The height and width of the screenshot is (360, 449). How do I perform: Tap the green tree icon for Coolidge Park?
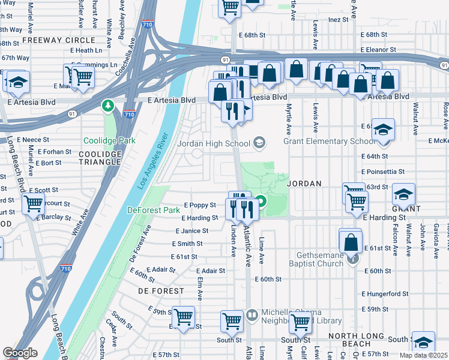(108, 106)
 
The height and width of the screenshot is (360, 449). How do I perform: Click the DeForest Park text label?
(154, 211)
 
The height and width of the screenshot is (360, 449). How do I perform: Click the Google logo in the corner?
(20, 353)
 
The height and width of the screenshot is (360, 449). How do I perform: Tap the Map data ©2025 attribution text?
(424, 355)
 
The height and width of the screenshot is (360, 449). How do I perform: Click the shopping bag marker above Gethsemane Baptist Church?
(351, 242)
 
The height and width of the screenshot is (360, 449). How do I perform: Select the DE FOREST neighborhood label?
(161, 291)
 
